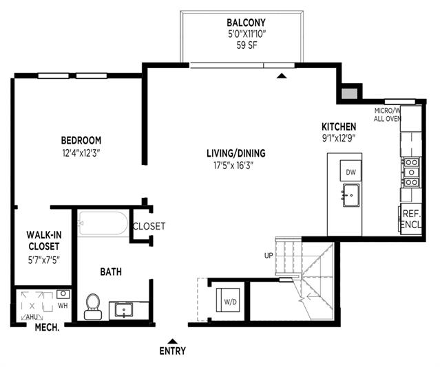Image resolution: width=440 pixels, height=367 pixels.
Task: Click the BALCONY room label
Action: pyautogui.click(x=246, y=22)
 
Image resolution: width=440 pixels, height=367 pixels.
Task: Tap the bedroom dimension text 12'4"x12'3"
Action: pyautogui.click(x=81, y=153)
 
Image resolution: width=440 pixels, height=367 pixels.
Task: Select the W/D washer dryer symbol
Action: pyautogui.click(x=228, y=300)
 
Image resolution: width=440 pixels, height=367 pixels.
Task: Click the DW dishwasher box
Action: pyautogui.click(x=350, y=170)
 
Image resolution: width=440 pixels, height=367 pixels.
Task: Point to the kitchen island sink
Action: pyautogui.click(x=350, y=195)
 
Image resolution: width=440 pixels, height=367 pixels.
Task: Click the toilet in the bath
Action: pyautogui.click(x=92, y=307)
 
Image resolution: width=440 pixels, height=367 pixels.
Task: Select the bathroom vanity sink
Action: pyautogui.click(x=124, y=310)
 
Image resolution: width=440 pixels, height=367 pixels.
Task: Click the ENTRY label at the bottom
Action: pyautogui.click(x=173, y=351)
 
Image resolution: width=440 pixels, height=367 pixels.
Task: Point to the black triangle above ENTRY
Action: pyautogui.click(x=173, y=341)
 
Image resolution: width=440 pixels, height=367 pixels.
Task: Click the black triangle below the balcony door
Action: pyautogui.click(x=282, y=76)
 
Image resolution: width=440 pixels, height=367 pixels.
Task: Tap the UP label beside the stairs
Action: pyautogui.click(x=269, y=256)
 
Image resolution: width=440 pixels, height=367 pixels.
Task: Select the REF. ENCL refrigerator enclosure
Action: pyautogui.click(x=410, y=219)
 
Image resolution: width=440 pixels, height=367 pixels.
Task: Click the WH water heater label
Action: pyautogui.click(x=63, y=305)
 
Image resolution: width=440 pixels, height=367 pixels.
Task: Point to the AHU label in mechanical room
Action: pyautogui.click(x=32, y=317)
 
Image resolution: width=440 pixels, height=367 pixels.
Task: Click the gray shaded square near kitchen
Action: pyautogui.click(x=349, y=93)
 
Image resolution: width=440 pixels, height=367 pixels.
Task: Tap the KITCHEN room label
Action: pyautogui.click(x=339, y=126)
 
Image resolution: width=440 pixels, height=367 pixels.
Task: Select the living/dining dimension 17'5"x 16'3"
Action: pyautogui.click(x=233, y=166)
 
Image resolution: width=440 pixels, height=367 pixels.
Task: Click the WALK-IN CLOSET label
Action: pyautogui.click(x=44, y=241)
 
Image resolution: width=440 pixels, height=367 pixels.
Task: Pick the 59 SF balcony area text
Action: pyautogui.click(x=247, y=45)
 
